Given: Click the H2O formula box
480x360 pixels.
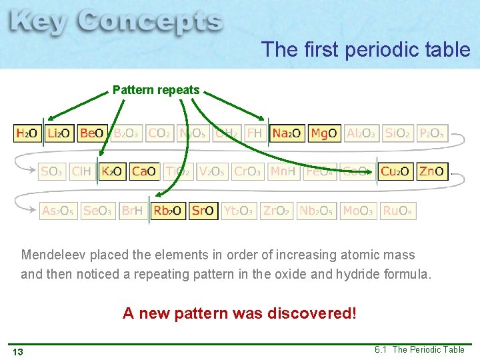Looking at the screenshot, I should pos(27,133).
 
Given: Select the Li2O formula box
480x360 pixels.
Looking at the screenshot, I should pos(59,133).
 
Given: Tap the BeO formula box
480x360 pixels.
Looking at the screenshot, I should pos(91,133).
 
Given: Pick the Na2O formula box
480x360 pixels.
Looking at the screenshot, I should pos(287,133).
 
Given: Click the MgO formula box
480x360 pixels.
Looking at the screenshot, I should pos(324,133).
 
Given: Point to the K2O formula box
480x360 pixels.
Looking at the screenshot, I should pos(111,172).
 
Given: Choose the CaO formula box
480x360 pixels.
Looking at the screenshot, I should pos(144,172).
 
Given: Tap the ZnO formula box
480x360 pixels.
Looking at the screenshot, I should pos(431,172).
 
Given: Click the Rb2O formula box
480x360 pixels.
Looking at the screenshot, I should pos(168,211).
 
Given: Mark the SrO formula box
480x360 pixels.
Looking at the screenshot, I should pos(203,211).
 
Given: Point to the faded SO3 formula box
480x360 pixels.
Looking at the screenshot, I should pos(51,172).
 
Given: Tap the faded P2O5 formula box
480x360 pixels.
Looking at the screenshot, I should pos(431,133).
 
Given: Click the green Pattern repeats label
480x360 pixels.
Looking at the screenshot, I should pos(156,89).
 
